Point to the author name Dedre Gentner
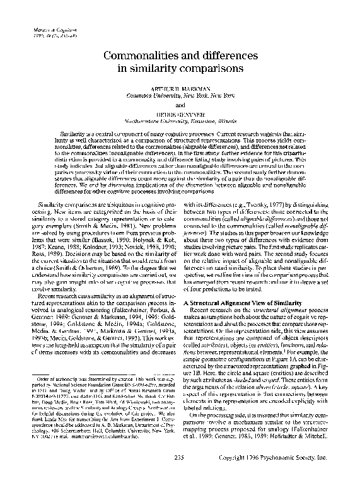tap(180, 111)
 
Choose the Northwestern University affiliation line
tap(180, 119)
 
